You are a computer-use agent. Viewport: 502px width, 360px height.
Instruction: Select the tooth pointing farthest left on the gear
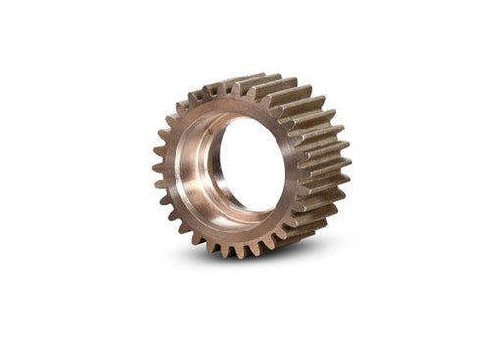coord(157,168)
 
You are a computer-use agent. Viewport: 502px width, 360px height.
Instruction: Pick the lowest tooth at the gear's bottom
coord(239,253)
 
